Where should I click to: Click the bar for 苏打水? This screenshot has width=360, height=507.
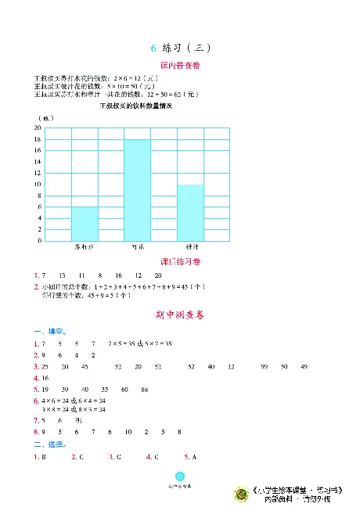pos(85,223)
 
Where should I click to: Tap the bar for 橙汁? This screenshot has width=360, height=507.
pos(190,212)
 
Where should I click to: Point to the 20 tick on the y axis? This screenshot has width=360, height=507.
pos(38,127)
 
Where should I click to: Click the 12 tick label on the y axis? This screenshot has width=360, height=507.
pos(38,172)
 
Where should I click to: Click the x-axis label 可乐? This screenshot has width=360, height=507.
pos(138,247)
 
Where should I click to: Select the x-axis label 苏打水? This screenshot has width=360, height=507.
pos(85,247)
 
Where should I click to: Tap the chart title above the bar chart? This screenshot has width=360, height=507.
pos(135,106)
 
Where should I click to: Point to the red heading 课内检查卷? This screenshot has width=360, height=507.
pos(179,66)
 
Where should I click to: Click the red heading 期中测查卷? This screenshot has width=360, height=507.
pos(179,315)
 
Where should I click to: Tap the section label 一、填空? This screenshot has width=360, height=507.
pos(49,332)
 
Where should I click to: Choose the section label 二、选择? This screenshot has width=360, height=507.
pos(49,444)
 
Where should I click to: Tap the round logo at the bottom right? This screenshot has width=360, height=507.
pos(240,493)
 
